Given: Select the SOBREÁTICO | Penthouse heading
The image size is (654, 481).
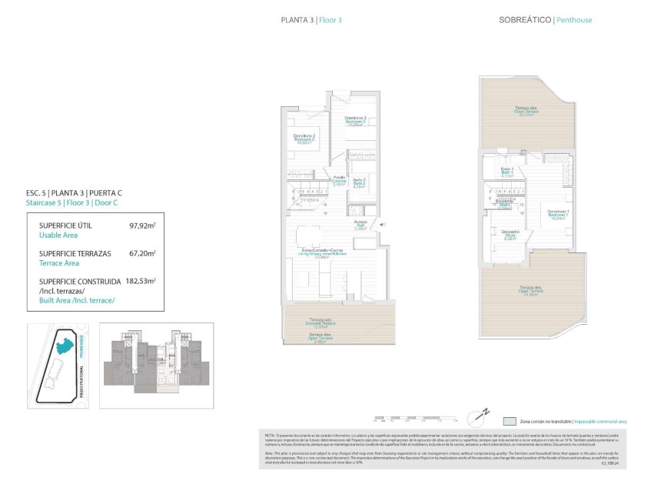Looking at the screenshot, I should click(x=545, y=20).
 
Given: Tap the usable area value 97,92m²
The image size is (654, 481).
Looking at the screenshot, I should click(x=142, y=226).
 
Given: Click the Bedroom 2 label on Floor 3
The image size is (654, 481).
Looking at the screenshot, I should click(x=305, y=139).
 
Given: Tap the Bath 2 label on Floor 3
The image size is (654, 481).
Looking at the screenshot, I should click(x=358, y=183).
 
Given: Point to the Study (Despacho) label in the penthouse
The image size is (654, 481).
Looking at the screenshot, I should click(x=511, y=234).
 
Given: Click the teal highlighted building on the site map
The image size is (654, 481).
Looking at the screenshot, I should click(x=69, y=348).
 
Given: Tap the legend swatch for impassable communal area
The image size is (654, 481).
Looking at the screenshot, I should click(x=510, y=422).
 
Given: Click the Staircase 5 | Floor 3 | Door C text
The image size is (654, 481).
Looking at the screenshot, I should click(x=74, y=202).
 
